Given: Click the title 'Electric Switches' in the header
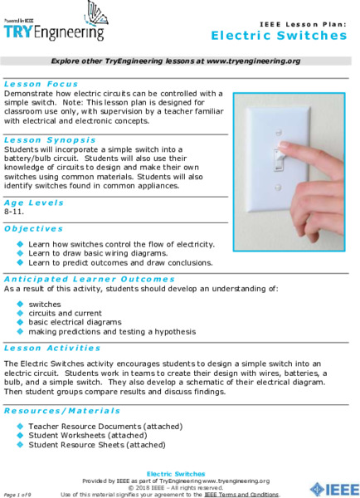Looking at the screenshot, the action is click(279, 36).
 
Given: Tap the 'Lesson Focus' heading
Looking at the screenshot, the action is click(41, 84).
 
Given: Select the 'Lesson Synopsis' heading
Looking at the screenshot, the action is click(50, 140).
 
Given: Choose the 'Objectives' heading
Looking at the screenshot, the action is click(33, 228).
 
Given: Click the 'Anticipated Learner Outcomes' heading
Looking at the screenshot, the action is click(90, 279).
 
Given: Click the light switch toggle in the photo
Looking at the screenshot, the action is click(283, 155).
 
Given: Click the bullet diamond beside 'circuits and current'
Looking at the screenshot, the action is click(21, 313).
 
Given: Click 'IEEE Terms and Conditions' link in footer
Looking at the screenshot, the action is click(241, 494).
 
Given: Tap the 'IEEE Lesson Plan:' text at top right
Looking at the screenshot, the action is click(303, 25).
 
